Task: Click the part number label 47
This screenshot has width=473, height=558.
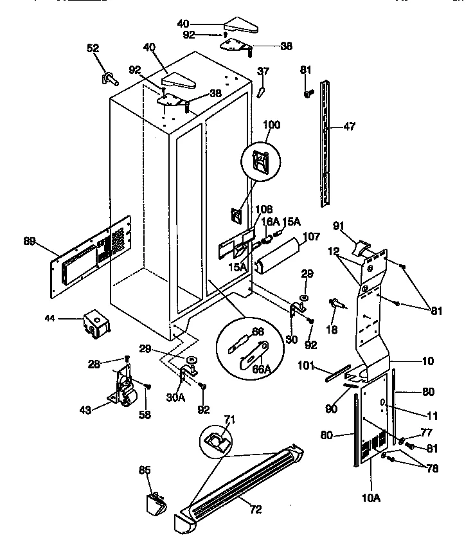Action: [349, 127]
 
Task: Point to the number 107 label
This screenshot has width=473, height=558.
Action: [310, 236]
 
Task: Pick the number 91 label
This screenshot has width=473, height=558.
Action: [339, 225]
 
